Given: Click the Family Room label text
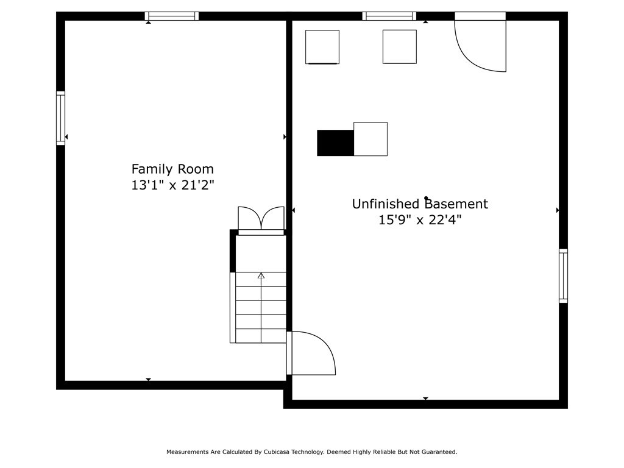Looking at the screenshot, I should (172, 169).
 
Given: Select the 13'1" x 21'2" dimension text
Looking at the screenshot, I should (172, 185).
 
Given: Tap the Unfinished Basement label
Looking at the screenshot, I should (420, 204).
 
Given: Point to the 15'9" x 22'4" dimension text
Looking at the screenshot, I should (420, 220).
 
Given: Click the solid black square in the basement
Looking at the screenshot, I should (335, 143).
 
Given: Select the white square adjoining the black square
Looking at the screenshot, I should (370, 139).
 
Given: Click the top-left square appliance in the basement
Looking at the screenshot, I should (322, 47).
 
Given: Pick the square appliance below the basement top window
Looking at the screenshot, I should (400, 46).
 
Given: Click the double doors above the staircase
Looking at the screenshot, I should (261, 220).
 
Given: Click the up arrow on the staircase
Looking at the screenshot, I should (261, 276).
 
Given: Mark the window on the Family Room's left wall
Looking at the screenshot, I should (61, 118).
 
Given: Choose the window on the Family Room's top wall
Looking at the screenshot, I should (172, 16).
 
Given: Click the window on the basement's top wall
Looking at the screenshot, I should (389, 16).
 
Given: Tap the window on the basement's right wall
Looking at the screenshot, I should (563, 276).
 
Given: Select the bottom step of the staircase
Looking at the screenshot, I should (261, 336).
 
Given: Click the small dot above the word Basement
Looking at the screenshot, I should (427, 198).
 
